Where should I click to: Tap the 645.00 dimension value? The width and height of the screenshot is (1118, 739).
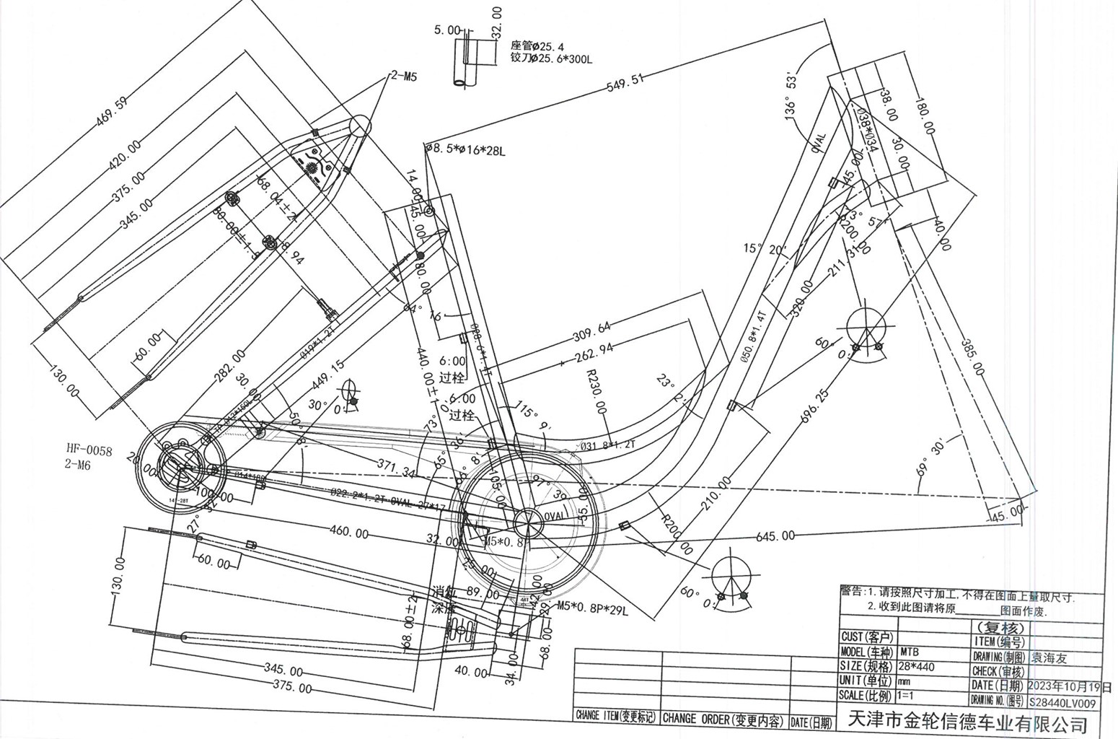pos(775,535)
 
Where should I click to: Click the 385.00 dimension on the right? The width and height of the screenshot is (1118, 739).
pos(972,357)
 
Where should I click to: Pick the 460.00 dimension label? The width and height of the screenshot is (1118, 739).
pos(349,533)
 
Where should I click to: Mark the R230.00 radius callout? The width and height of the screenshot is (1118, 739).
pos(597,390)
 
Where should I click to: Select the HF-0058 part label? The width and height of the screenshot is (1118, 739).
pos(89,451)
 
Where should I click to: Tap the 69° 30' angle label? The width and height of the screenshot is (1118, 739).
pos(930,458)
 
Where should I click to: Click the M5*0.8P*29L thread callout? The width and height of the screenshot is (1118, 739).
pos(592,608)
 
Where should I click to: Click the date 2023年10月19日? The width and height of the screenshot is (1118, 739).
pos(1069,686)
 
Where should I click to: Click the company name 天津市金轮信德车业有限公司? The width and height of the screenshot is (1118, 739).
pos(967,722)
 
